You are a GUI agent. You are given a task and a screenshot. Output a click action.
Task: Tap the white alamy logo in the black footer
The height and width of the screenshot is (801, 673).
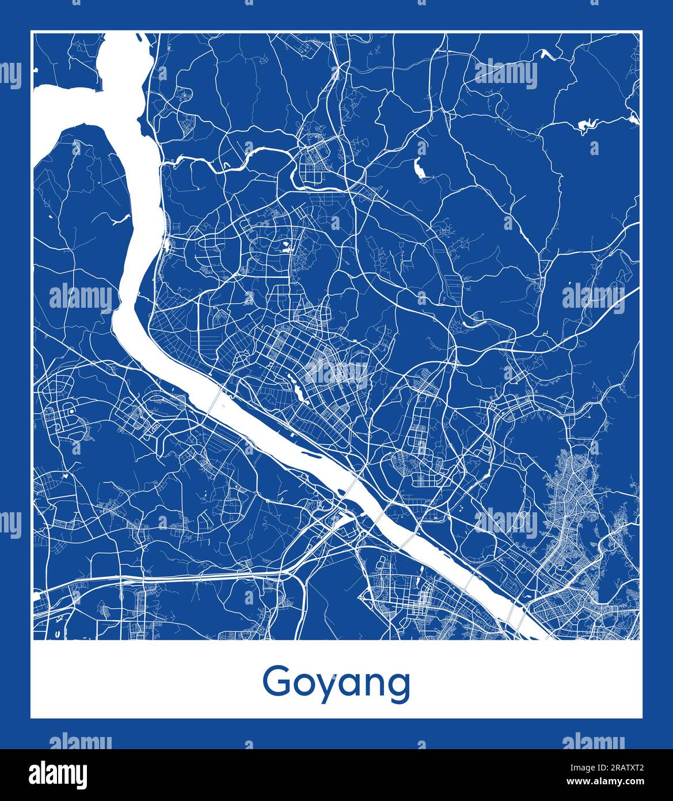click(x=58, y=774)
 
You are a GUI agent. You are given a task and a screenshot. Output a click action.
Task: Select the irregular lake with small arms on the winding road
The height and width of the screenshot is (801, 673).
click(x=590, y=124)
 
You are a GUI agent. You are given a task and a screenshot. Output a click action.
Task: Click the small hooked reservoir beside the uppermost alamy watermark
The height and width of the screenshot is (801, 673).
click(x=544, y=54)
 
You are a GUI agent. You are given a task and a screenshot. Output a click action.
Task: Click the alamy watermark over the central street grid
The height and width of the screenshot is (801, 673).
click(x=337, y=375)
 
